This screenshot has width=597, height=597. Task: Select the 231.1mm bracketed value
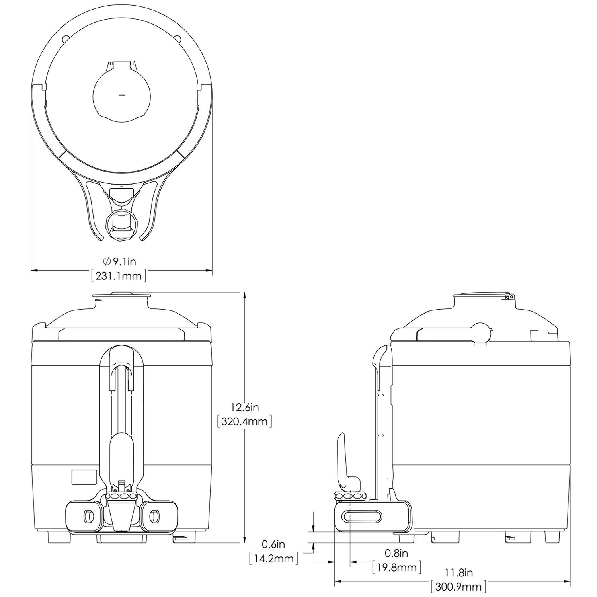click(x=119, y=276)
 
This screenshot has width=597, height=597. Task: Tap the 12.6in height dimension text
click(x=245, y=407)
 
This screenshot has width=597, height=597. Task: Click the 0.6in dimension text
click(x=273, y=544)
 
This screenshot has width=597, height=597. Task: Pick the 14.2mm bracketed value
click(x=273, y=558)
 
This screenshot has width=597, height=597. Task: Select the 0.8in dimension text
click(x=396, y=553)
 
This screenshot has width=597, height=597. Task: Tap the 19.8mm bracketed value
click(x=396, y=567)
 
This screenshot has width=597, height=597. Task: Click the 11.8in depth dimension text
click(x=458, y=573)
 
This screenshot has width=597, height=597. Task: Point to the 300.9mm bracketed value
click(x=458, y=587)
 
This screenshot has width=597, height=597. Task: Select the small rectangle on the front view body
click(x=84, y=477)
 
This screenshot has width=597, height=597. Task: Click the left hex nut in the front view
click(x=86, y=516)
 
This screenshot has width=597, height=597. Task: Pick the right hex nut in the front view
click(x=153, y=516)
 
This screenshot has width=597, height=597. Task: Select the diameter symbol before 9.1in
click(x=107, y=261)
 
